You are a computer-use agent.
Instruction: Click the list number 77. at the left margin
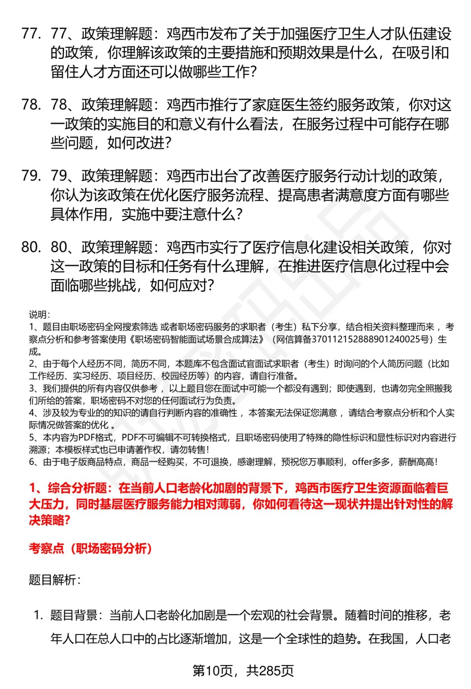(x=31, y=34)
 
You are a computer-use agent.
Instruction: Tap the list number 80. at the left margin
(x=31, y=247)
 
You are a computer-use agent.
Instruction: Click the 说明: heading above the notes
(x=39, y=314)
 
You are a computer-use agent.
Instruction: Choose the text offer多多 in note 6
(x=371, y=462)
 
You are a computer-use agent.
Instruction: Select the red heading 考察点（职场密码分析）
(x=90, y=548)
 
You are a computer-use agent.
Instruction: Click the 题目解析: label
(x=55, y=580)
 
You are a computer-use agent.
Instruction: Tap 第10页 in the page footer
(x=212, y=671)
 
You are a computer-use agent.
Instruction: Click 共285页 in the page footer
(x=270, y=671)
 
